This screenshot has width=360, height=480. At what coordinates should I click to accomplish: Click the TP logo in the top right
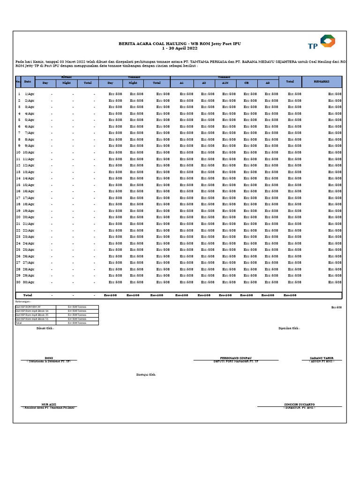tap(322, 43)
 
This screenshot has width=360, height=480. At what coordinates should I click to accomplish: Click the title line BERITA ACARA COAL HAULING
tap(180, 44)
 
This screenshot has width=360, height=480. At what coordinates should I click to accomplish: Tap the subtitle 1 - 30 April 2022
tap(180, 48)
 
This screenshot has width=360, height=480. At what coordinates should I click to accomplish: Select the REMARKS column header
tap(322, 82)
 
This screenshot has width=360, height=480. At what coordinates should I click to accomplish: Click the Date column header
tap(28, 82)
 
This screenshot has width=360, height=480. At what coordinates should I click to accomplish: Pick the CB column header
tap(246, 83)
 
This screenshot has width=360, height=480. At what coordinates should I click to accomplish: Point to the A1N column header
tap(225, 83)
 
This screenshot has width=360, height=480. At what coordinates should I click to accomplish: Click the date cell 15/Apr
tap(30, 185)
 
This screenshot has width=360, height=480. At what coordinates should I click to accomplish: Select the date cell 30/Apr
tap(30, 282)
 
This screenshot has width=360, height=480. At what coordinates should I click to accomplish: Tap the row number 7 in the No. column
tap(19, 133)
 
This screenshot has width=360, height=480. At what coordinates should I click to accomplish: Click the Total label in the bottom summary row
tap(28, 295)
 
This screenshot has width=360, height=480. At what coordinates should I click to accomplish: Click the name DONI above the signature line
tap(49, 358)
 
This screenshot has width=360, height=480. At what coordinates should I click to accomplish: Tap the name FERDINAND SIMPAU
tap(236, 358)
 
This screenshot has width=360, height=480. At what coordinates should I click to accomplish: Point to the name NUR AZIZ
tap(49, 404)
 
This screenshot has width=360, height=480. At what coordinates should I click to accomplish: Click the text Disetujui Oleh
tap(146, 375)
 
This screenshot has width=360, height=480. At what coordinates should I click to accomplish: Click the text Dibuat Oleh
tap(45, 328)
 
